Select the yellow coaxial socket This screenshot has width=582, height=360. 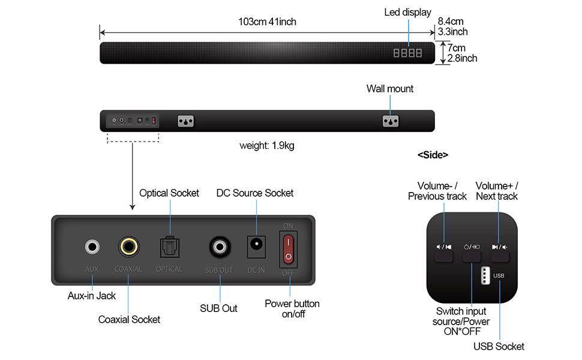128,246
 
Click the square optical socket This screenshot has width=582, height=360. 169,246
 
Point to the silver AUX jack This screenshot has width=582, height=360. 92,246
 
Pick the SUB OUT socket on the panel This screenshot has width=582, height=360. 219,246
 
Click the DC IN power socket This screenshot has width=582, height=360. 256,246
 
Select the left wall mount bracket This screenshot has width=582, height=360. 186,121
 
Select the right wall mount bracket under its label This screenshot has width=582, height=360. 391,121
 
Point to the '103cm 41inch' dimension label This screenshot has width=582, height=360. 267,22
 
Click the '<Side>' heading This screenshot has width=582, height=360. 433,155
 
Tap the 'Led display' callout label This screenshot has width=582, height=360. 407,13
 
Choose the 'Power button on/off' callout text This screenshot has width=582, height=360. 292,308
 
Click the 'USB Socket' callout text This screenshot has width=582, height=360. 499,346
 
